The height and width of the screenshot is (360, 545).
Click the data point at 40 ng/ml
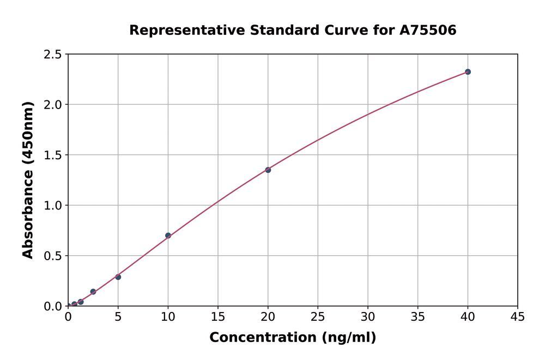tap(468, 71)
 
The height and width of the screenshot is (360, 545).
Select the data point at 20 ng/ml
tap(268, 170)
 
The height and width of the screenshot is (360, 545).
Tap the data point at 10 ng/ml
tap(168, 236)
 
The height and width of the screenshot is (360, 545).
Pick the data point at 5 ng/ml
tap(118, 277)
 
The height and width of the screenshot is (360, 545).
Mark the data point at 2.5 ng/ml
tap(93, 292)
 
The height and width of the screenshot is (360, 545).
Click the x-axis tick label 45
tap(518, 317)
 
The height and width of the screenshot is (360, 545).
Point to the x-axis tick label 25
tap(318, 317)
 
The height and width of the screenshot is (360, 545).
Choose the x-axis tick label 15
tap(218, 317)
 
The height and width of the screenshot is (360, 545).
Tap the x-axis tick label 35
tap(418, 317)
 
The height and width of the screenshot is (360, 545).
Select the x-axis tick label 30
tap(368, 317)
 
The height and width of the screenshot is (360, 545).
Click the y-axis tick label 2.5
tap(52, 55)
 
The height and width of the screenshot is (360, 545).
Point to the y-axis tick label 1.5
tap(52, 155)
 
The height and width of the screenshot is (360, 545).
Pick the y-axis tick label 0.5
tap(52, 256)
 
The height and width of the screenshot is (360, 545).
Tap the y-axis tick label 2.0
tap(52, 105)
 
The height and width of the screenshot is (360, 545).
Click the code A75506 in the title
tap(427, 30)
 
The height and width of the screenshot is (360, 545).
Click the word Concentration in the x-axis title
tap(262, 338)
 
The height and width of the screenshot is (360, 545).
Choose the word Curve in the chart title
tap(337, 30)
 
